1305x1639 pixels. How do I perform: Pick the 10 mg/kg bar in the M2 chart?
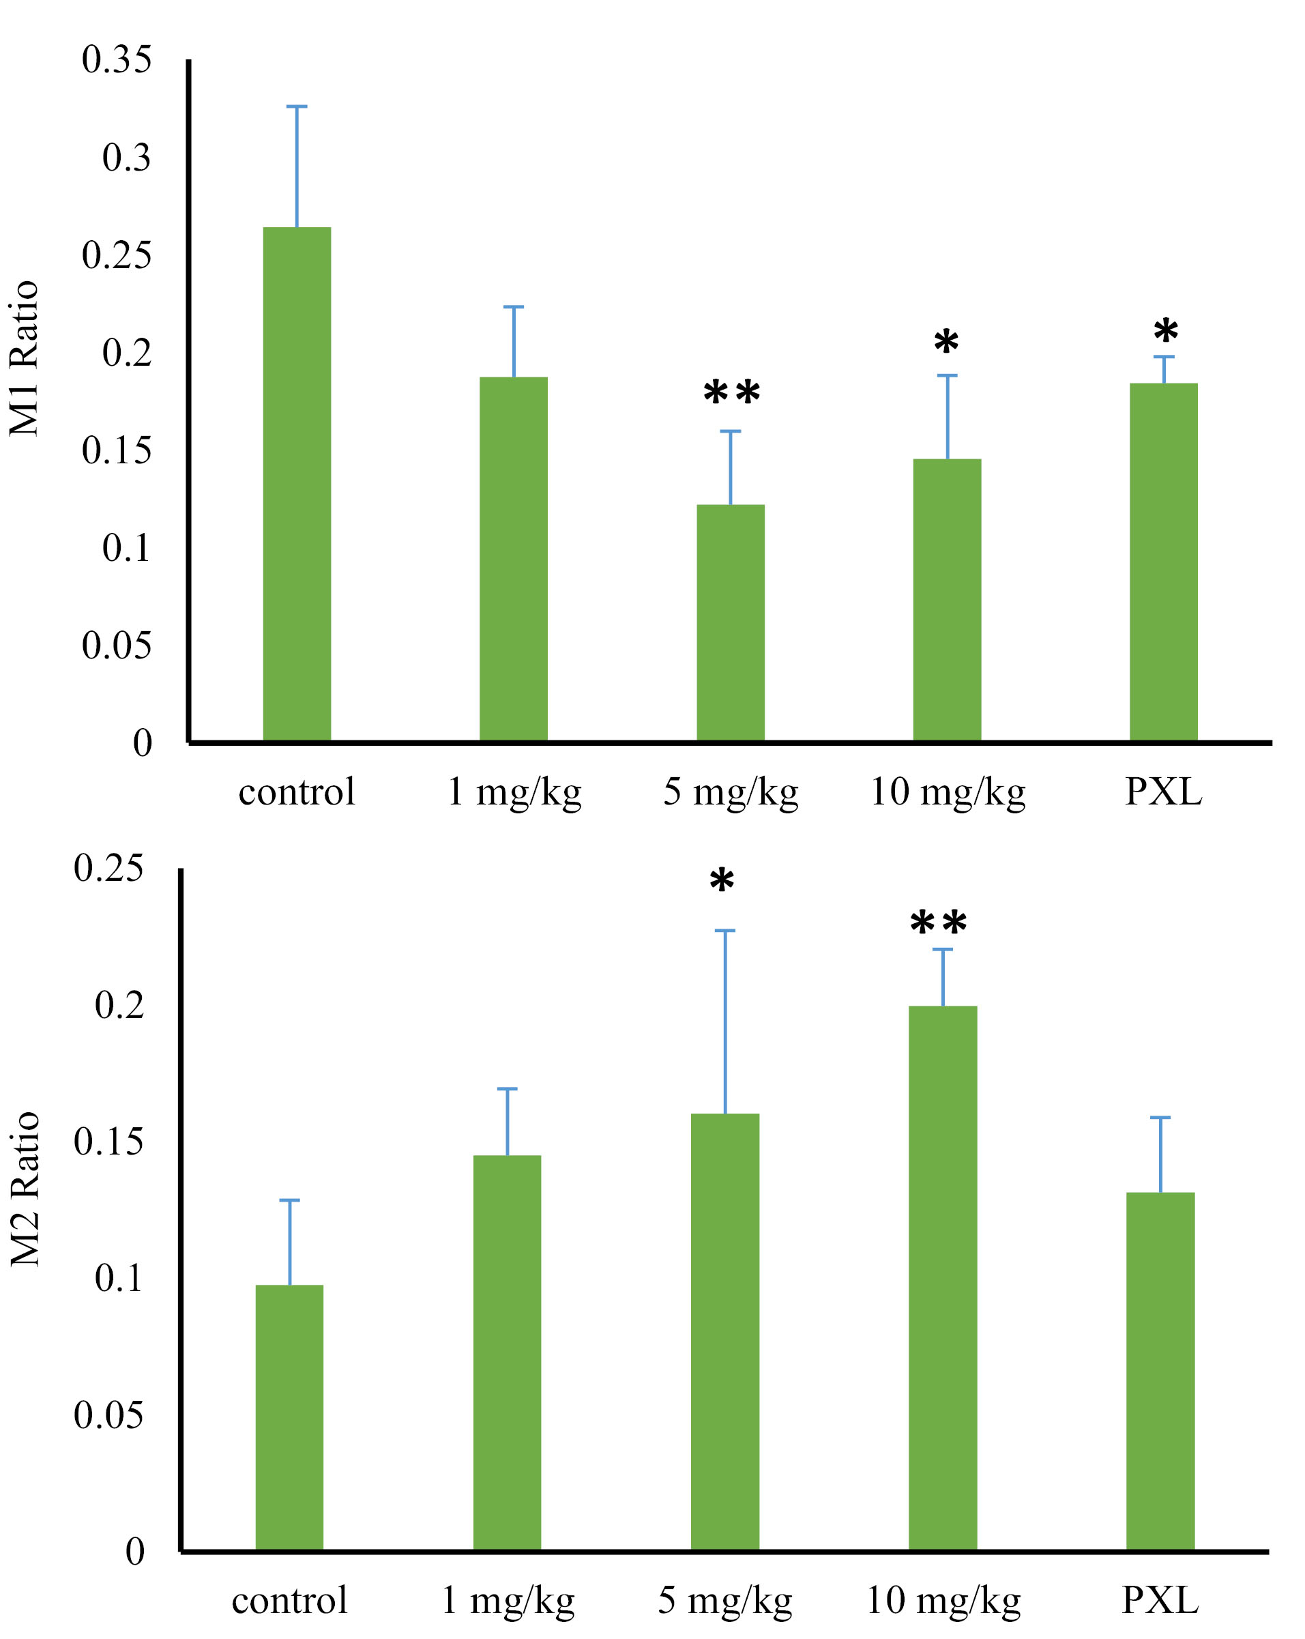point(943,1277)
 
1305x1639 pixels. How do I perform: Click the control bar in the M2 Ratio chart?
point(289,1417)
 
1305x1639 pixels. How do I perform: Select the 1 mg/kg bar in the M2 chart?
point(507,1352)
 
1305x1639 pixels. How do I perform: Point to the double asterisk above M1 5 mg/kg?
point(731,393)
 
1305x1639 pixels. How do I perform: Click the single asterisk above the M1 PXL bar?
point(1165,332)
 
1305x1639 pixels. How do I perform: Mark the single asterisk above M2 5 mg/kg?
point(721,881)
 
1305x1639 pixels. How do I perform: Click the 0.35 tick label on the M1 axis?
point(116,60)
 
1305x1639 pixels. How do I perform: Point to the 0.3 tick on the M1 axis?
point(126,158)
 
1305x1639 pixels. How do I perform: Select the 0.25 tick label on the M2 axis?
point(108,868)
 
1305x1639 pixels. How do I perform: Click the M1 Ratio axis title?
point(25,358)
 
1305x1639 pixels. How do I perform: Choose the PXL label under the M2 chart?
point(1160,1600)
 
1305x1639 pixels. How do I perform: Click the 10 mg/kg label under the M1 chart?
point(947,792)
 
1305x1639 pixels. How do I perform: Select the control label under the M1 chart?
point(297,792)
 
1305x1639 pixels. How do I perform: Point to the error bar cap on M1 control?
point(297,106)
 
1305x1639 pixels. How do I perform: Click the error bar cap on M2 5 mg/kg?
point(724,931)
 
